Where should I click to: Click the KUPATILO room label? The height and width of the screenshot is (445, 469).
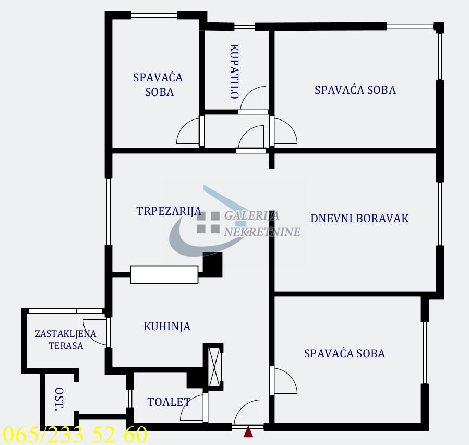[x=234, y=71]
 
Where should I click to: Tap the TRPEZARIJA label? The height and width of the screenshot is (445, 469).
[x=169, y=211]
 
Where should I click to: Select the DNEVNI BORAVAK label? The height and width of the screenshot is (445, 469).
[x=359, y=218]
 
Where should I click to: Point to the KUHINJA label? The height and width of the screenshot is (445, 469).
[x=167, y=327]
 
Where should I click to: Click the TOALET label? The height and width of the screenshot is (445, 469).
[x=169, y=402]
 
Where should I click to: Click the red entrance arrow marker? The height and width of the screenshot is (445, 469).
[x=249, y=431]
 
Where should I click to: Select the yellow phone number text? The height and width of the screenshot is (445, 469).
[x=75, y=435]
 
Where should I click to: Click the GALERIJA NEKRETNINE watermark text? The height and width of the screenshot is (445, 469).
[x=261, y=223]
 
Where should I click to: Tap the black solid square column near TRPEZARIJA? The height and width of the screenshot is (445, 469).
[x=212, y=264]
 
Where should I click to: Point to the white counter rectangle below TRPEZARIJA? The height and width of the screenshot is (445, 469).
[x=164, y=274]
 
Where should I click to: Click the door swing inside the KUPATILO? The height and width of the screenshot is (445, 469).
[x=253, y=100]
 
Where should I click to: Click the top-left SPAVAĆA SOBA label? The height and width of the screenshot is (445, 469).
[x=158, y=85]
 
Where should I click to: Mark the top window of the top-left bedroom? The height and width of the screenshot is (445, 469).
[x=154, y=15]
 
